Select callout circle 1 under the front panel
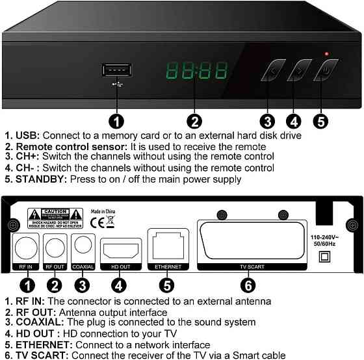116,120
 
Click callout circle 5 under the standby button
320,120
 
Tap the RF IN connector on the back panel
27,248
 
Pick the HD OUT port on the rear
120,250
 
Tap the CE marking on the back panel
96,221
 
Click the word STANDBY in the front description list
39,179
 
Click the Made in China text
105,211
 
